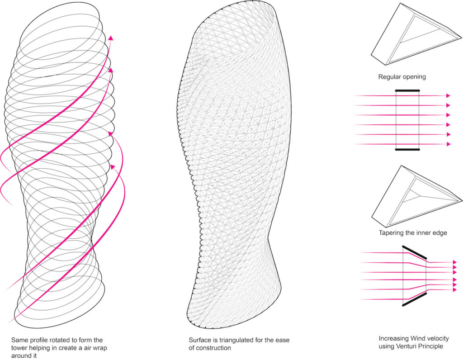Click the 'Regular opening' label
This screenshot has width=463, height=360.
[x=402, y=77]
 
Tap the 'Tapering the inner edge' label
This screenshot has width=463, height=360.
[x=413, y=233]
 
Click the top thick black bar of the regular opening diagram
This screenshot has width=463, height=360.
[x=407, y=90]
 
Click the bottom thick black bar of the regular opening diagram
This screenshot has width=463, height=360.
[x=407, y=149]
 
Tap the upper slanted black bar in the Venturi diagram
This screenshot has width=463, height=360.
[x=415, y=252]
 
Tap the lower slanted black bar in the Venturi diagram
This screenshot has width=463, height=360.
[x=415, y=299]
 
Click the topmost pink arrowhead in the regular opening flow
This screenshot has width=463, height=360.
[x=448, y=96]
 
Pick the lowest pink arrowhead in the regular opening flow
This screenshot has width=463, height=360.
[x=448, y=144]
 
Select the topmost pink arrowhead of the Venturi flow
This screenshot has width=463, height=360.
[x=455, y=262]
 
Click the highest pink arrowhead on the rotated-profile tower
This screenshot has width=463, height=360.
[x=111, y=38]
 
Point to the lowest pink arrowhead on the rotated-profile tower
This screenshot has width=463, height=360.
[x=112, y=167]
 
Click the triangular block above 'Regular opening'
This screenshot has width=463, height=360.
[x=416, y=34]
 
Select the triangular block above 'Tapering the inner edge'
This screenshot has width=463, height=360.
[x=416, y=197]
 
